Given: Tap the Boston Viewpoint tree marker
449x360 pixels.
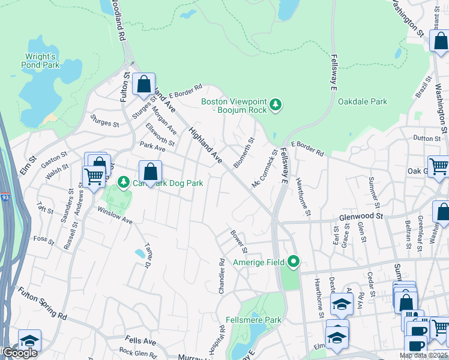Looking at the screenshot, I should [276, 105].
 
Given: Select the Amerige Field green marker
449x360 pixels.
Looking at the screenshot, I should [294, 262].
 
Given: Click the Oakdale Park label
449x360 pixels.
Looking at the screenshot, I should [363, 102].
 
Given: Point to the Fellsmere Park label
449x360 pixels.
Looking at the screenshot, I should [253, 320].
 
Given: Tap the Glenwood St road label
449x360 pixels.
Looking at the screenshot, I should [361, 216].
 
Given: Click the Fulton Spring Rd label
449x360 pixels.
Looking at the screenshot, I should [42, 303].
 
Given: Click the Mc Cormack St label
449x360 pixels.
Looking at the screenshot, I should [265, 168].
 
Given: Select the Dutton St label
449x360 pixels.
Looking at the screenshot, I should [427, 138].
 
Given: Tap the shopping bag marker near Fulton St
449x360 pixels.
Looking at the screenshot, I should [143, 85].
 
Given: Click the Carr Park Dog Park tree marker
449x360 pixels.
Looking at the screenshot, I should [123, 181].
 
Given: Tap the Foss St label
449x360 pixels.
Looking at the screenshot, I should [44, 239].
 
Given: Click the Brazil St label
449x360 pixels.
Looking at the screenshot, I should [424, 87].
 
